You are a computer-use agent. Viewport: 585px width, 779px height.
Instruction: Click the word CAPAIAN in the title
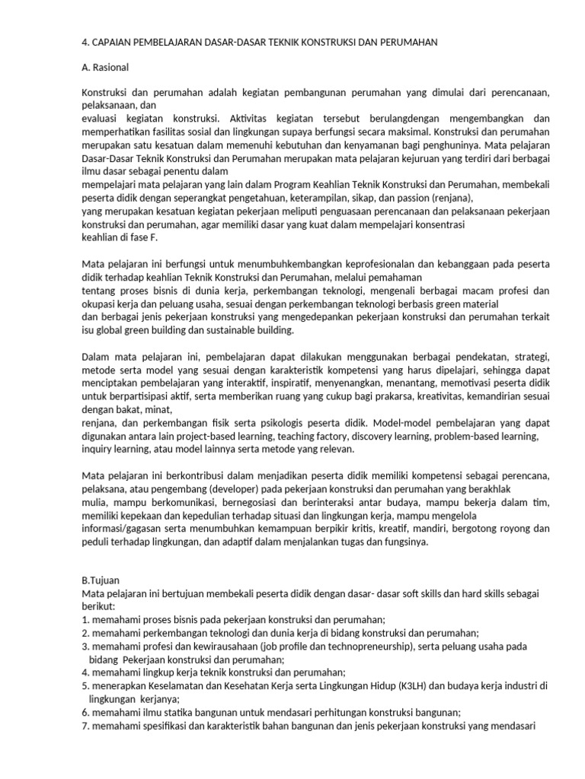[115, 43]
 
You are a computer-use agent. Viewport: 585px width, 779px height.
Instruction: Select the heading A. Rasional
[105, 67]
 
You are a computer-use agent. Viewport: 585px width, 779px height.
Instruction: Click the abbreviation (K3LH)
[415, 685]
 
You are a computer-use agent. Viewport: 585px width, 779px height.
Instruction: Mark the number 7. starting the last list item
[85, 727]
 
